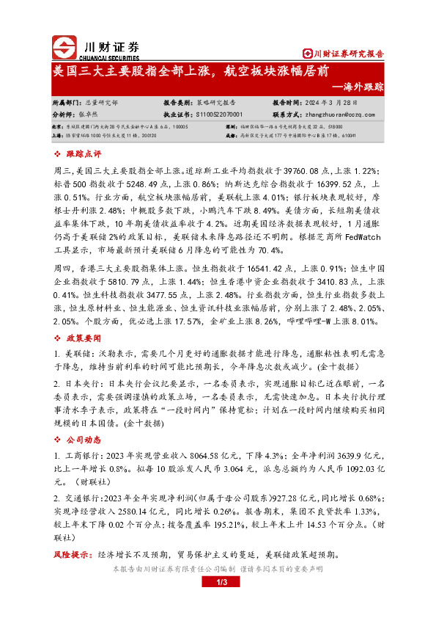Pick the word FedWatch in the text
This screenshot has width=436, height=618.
(358, 237)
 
